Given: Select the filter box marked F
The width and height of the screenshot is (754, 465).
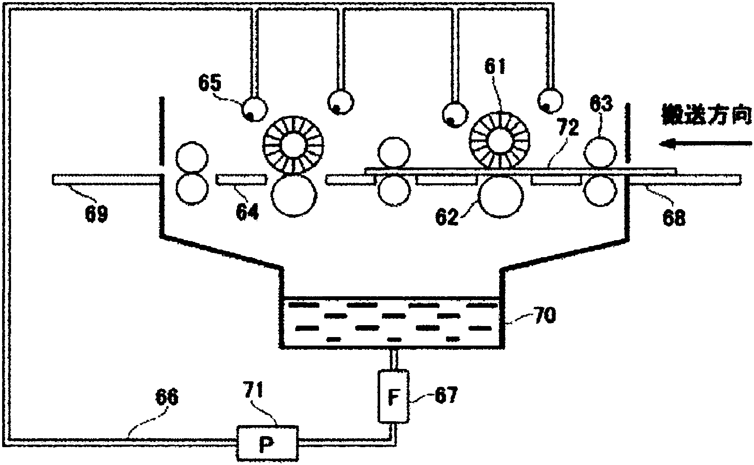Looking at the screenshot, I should [393, 396].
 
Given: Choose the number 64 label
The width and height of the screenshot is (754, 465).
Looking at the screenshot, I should [248, 212].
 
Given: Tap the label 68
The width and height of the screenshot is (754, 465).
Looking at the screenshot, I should [674, 218].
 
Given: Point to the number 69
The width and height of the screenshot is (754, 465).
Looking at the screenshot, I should [96, 213].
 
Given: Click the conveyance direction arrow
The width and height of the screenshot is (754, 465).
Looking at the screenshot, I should [705, 144].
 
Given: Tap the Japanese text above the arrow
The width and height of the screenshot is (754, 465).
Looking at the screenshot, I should [707, 115].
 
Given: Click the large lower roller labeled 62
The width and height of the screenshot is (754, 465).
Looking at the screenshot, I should [500, 196].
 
